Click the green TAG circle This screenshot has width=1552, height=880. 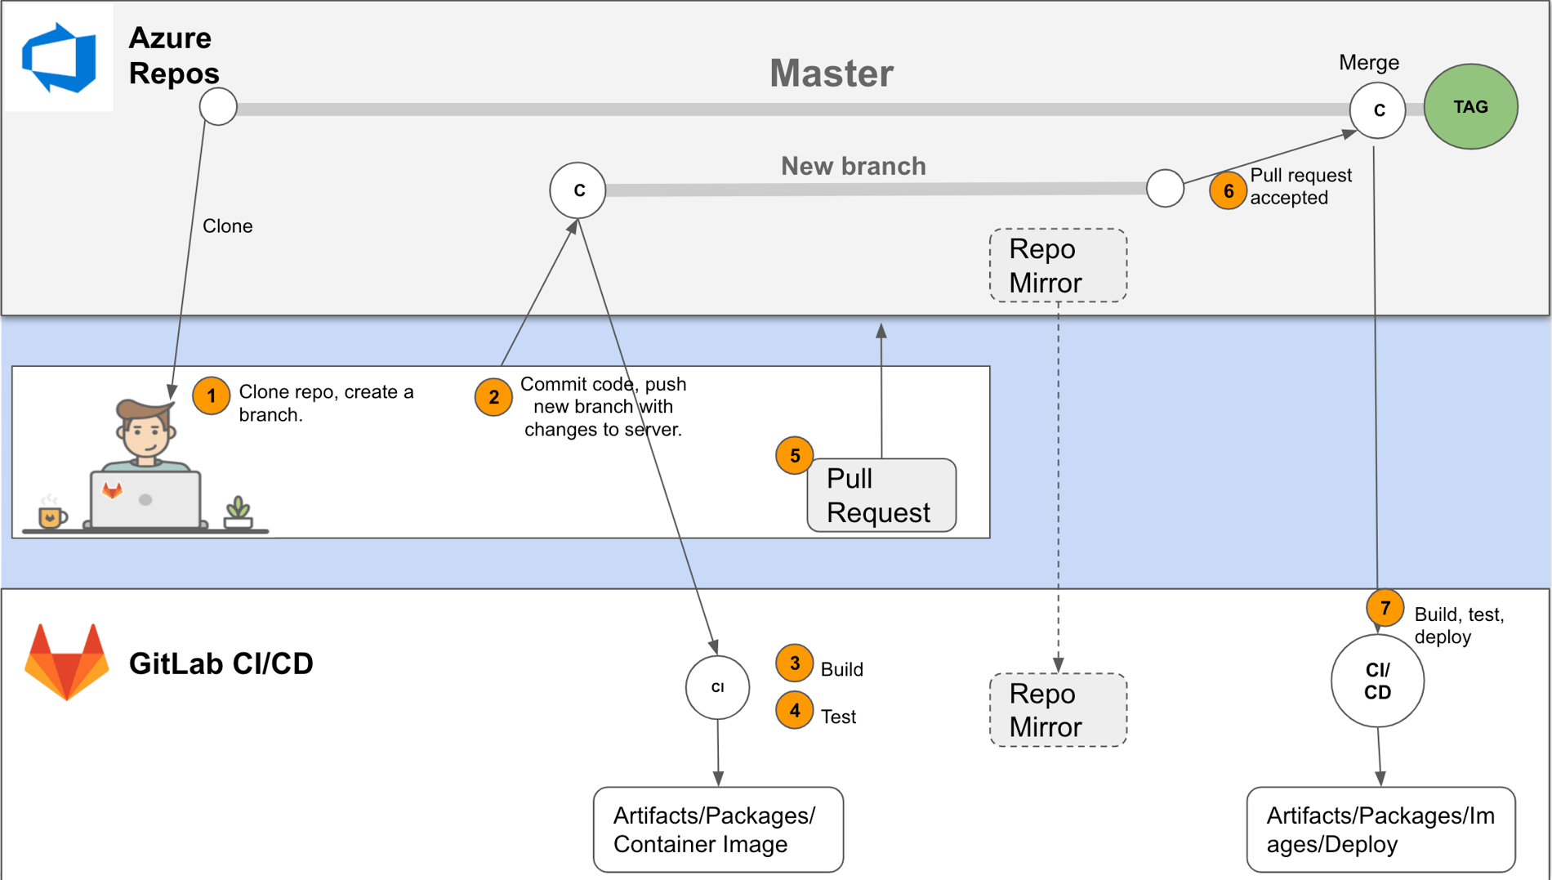tap(1470, 107)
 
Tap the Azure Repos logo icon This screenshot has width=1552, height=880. tap(59, 57)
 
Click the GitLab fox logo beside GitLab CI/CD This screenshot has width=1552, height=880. tap(67, 662)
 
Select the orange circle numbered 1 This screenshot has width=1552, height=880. tap(211, 396)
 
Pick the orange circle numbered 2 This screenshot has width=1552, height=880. tap(493, 397)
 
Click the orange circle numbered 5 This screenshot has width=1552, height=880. tap(794, 455)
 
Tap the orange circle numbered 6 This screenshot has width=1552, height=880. tap(1228, 190)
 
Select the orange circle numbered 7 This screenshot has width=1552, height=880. tap(1385, 608)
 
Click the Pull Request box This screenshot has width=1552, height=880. tap(881, 495)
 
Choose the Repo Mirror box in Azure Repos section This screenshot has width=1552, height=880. tap(1058, 266)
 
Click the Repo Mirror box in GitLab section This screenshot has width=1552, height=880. tap(1058, 710)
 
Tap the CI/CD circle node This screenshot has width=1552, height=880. tap(1377, 681)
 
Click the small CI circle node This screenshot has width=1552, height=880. tap(717, 687)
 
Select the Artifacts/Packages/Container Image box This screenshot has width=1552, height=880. tap(718, 829)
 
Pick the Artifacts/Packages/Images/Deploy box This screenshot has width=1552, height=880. tap(1380, 829)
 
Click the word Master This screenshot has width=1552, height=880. tap(831, 74)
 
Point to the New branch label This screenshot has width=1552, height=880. tap(853, 166)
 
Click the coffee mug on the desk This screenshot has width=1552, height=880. tap(51, 516)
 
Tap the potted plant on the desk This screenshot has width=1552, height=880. tap(238, 513)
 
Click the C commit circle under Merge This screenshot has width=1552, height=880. tap(1377, 110)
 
